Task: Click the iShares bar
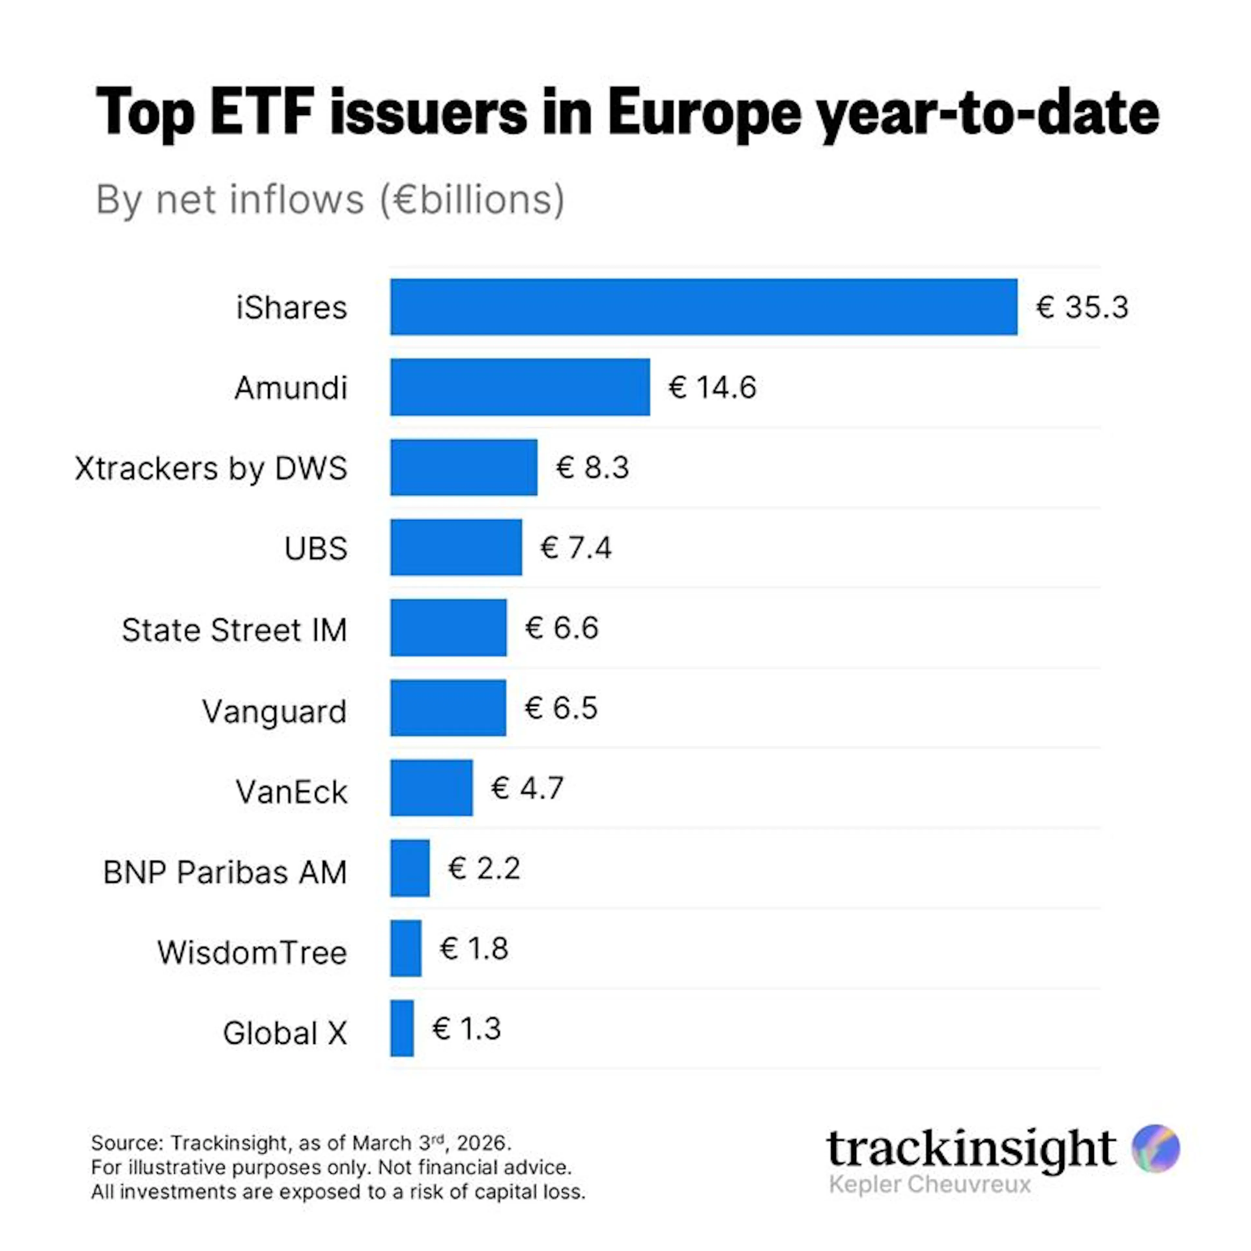703,307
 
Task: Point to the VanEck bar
431,788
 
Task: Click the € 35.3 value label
1082,307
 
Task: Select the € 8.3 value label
593,467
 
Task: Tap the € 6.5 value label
561,708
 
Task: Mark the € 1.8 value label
474,949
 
